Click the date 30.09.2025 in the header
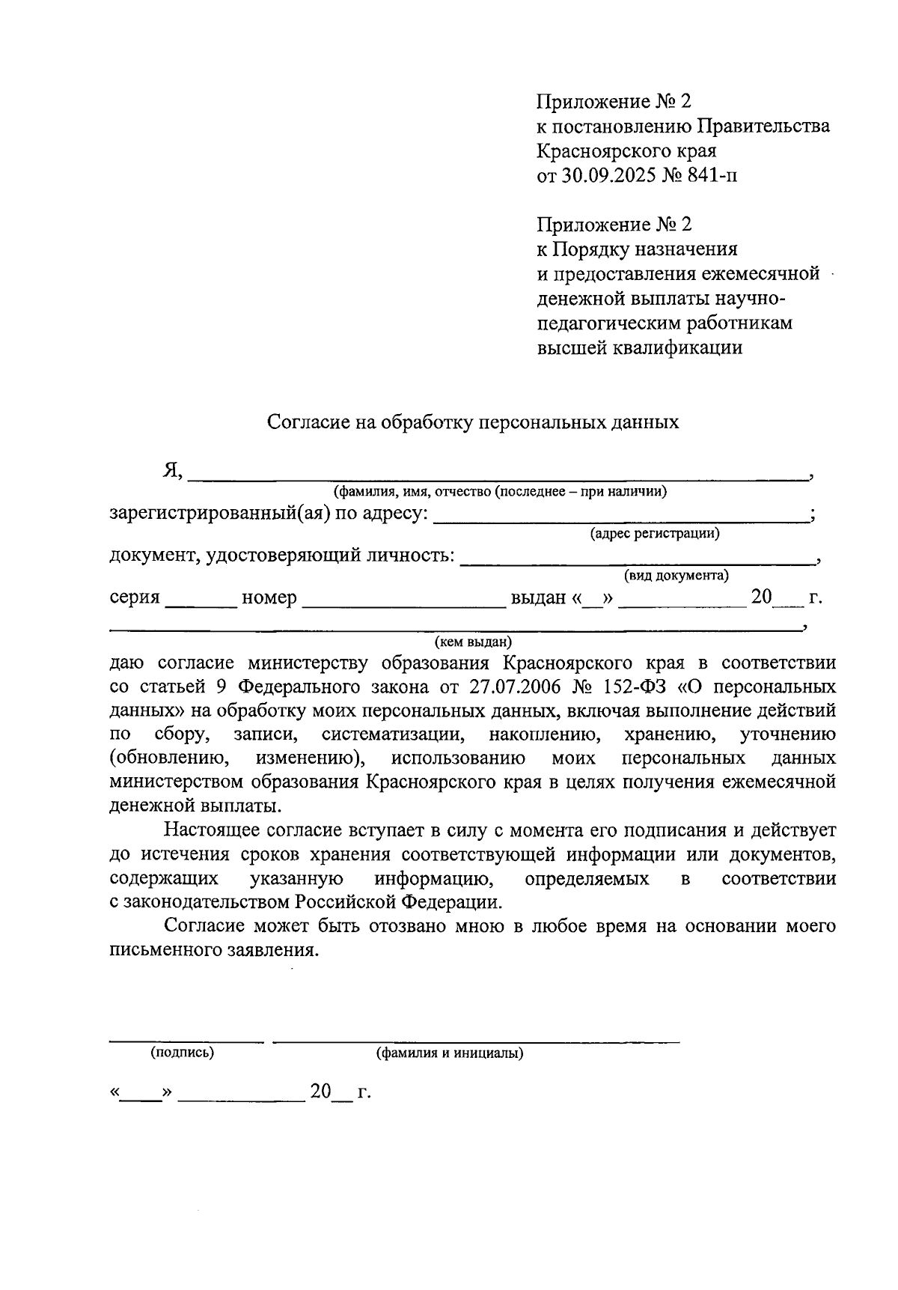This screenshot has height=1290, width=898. (608, 176)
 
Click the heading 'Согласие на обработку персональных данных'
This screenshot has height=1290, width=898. (473, 422)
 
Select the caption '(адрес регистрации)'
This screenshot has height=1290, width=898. (655, 534)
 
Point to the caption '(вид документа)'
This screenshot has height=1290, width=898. (676, 576)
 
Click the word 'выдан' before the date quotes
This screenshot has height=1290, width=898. (538, 598)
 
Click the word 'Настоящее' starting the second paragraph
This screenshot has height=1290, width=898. (214, 830)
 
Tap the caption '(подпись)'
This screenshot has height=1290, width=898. (182, 1053)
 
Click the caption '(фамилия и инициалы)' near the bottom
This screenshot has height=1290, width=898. (449, 1053)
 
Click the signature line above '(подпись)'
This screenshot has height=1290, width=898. (186, 1039)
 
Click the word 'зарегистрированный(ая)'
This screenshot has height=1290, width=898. (219, 514)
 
